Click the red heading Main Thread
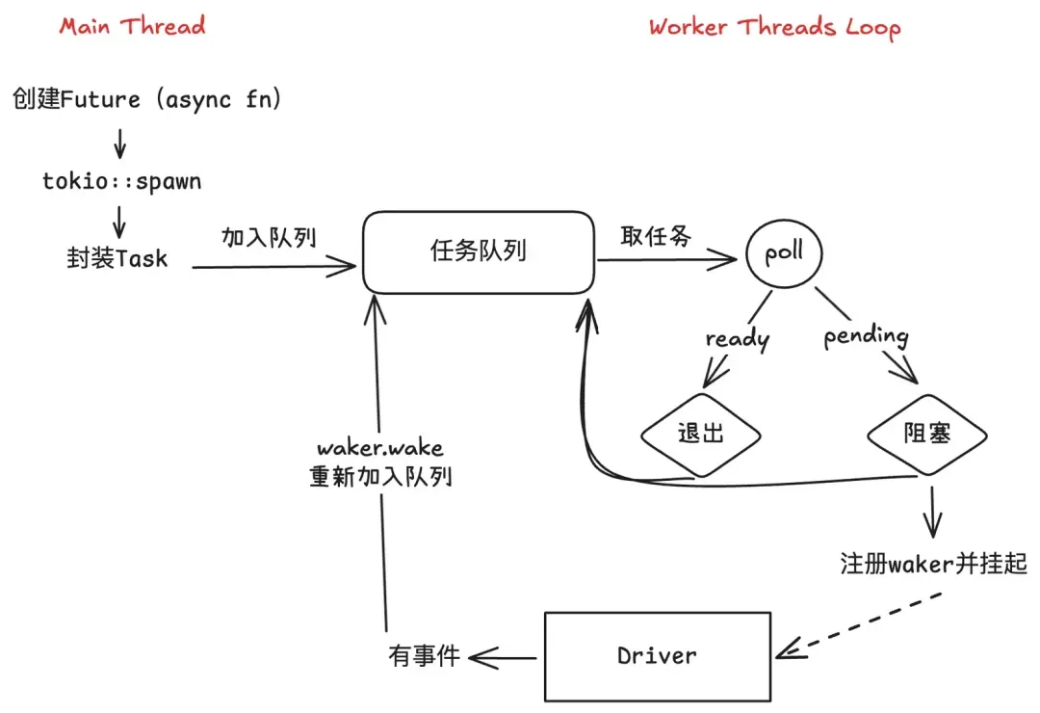[132, 25]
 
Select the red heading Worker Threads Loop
[774, 27]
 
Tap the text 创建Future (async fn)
[147, 99]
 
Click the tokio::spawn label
[122, 181]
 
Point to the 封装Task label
[116, 258]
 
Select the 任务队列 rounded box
[478, 252]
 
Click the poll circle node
[783, 255]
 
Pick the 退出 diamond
[701, 434]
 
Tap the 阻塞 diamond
[927, 434]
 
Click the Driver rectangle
[657, 656]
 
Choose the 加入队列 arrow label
[269, 237]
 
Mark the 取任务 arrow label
[656, 237]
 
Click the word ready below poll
[738, 338]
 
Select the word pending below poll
[866, 336]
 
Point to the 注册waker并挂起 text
[933, 564]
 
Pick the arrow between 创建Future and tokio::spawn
[119, 142]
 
